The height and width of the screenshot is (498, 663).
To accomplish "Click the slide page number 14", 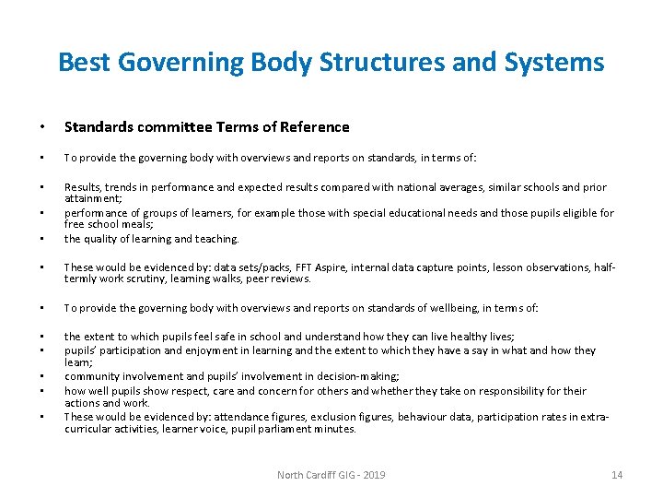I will coord(617,475).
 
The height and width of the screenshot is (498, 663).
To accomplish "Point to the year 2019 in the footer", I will coord(373,475).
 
